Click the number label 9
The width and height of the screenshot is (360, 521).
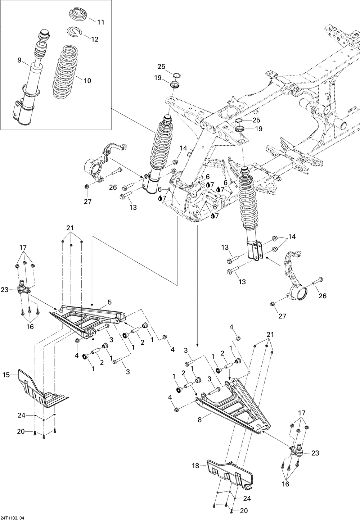19,60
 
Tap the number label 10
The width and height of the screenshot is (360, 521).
87,81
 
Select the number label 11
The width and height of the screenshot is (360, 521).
100,22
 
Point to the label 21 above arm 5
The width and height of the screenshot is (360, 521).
70,228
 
